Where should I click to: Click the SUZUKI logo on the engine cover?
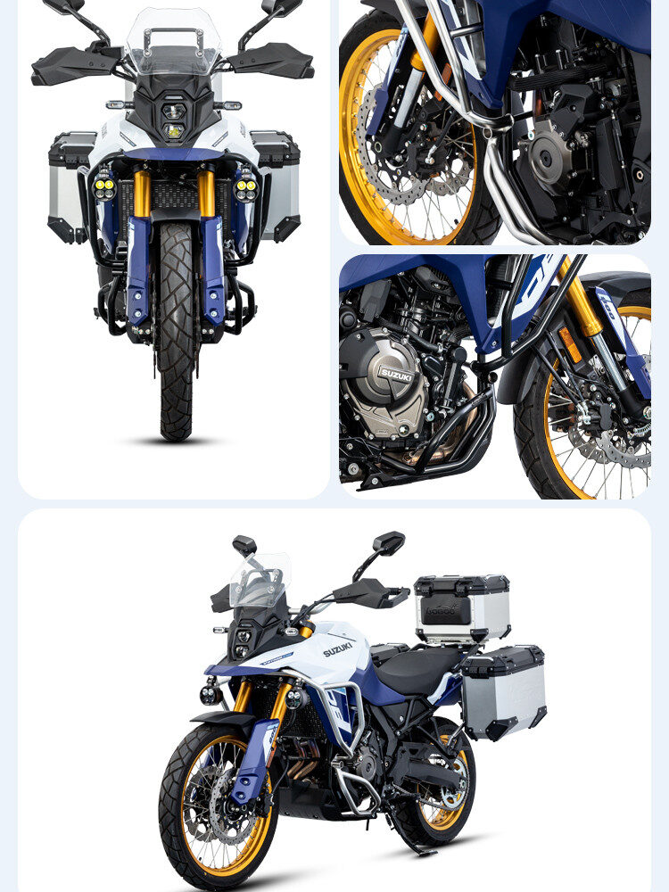(395, 375)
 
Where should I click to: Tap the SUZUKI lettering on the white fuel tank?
(338, 648)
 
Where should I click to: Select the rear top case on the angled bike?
(461, 607)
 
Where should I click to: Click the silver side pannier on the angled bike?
(504, 691)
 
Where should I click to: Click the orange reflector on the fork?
(570, 344)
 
